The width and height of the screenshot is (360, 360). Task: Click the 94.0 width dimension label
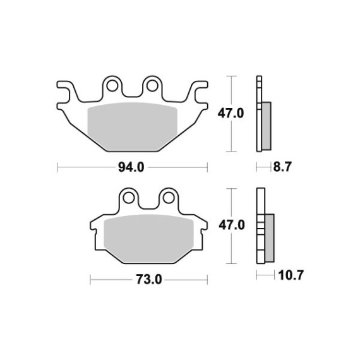coord(131,167)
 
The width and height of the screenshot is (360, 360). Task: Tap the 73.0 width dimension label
coord(149,280)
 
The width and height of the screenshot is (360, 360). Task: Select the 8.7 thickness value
coord(282,167)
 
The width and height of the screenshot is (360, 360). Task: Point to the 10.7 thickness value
coord(291,275)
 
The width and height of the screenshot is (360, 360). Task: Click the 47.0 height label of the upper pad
coord(231,114)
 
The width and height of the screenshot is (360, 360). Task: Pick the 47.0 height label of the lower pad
coord(232,225)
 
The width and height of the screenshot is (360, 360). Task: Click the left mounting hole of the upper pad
coord(112,86)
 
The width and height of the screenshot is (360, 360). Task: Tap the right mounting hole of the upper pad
coord(152,86)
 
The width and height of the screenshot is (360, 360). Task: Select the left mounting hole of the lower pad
coord(129,198)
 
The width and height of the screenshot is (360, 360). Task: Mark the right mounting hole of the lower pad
coord(169,198)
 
